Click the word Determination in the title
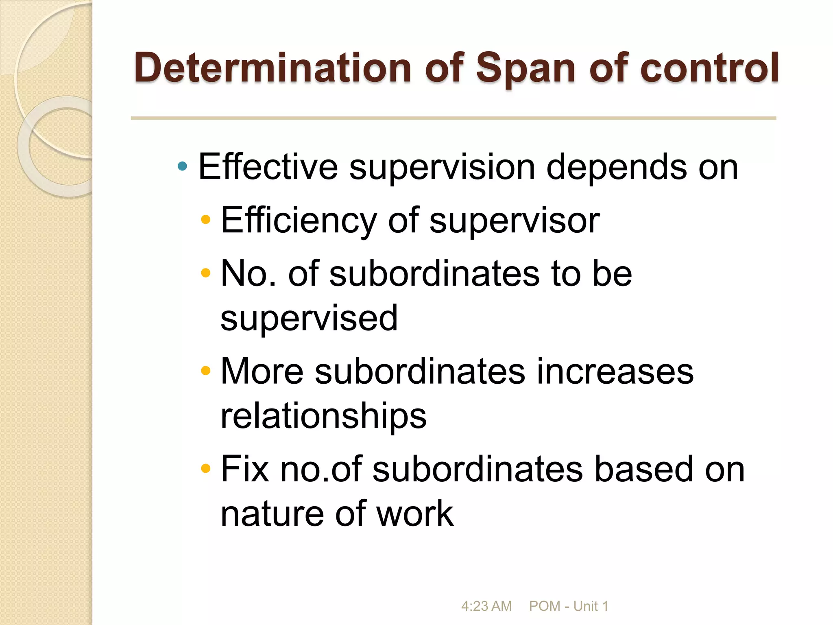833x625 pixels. (273, 68)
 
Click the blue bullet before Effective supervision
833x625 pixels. (183, 166)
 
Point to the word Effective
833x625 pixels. (268, 167)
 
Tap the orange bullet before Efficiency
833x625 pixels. (206, 220)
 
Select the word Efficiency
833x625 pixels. (299, 220)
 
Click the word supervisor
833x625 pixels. (514, 220)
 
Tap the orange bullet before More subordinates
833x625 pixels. (206, 371)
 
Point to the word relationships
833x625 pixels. (323, 416)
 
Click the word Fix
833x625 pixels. (244, 469)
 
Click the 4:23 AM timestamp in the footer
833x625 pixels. (486, 606)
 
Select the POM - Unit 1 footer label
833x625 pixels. (568, 606)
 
